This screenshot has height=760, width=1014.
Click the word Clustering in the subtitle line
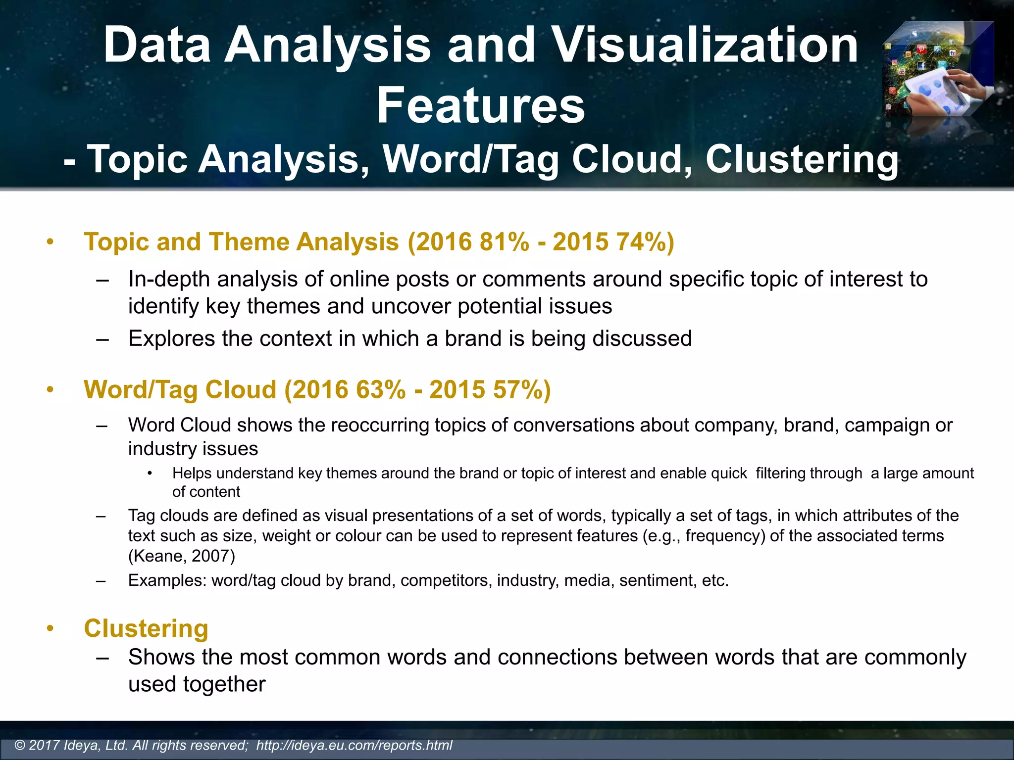point(802,159)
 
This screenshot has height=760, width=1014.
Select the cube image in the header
point(938,69)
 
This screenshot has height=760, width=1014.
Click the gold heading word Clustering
point(146,629)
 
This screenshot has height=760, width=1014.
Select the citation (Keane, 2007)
point(181,556)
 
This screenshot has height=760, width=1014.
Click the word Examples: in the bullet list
point(167,580)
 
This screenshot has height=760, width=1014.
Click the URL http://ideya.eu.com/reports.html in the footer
point(354,745)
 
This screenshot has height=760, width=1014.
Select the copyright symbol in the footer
point(20,745)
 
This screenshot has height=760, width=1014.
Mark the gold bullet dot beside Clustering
point(50,629)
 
